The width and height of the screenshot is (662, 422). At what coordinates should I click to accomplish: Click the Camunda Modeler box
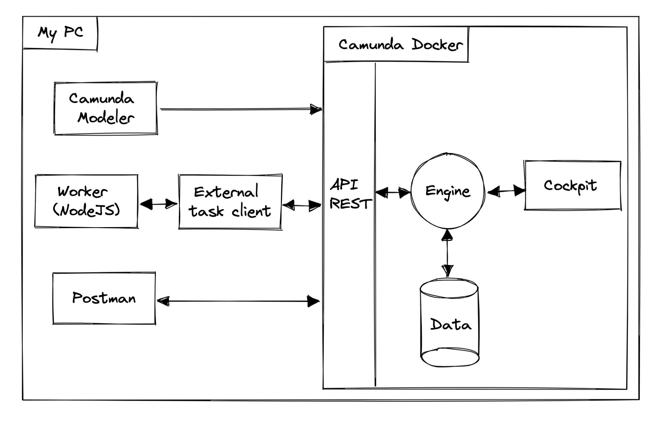105,108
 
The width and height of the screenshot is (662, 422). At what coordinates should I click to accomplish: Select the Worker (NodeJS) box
87,201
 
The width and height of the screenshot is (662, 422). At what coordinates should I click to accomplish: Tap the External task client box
230,202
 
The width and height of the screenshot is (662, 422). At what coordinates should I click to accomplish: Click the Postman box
104,298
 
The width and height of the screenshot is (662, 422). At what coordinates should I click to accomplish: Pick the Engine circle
447,191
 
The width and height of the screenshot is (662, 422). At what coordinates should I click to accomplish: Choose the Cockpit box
572,185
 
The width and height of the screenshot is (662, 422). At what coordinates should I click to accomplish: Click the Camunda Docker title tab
400,45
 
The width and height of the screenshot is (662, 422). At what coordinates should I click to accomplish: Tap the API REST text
350,195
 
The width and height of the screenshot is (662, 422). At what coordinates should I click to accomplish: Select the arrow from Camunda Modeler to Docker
240,109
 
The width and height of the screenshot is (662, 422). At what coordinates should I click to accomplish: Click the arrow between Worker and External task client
158,204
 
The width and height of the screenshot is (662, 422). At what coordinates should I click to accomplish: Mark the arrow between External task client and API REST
302,206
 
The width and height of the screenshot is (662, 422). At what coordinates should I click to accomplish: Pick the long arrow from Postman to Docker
238,301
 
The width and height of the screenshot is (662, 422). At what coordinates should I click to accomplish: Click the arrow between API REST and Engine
393,192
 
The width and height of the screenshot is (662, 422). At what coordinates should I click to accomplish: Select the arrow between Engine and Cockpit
506,191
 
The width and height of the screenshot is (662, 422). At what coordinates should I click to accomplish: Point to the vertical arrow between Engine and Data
447,253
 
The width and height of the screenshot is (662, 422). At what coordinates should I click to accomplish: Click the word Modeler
105,118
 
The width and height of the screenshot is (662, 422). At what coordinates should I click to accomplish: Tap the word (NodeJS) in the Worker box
87,210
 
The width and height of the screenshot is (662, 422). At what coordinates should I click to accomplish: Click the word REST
350,204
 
